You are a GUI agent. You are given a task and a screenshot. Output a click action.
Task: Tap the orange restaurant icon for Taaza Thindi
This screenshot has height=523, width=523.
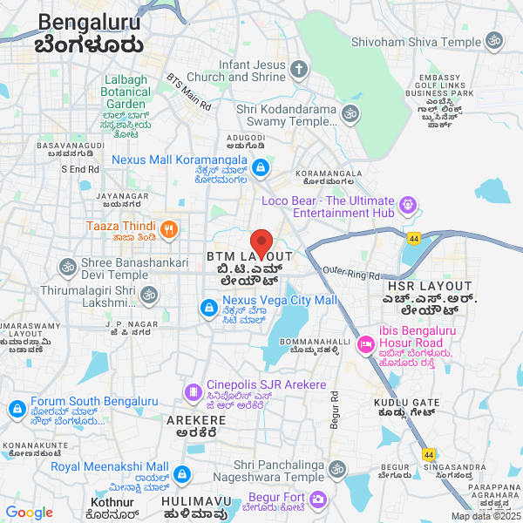point(169,230)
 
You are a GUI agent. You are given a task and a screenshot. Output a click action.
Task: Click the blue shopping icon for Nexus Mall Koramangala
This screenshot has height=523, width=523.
point(261,167)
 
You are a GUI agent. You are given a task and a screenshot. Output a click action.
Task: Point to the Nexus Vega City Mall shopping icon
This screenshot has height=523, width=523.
point(208,308)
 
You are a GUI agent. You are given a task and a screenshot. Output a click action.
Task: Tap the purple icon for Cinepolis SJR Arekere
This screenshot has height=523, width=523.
point(192,391)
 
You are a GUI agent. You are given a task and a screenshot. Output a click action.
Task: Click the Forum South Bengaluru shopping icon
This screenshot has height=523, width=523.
point(17,408)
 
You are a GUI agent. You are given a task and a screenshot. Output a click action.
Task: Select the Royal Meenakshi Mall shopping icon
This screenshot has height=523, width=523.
point(181,475)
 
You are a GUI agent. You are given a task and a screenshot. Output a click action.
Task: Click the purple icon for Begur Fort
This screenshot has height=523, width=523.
point(317,499)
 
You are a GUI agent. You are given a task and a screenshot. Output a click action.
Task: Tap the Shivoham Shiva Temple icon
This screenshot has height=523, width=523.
point(494,42)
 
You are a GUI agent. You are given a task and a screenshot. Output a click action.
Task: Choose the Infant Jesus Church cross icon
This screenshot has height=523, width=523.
point(299,71)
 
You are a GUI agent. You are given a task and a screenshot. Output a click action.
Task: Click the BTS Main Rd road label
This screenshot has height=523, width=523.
point(189,92)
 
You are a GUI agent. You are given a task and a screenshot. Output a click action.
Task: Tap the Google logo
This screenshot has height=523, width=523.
point(29,513)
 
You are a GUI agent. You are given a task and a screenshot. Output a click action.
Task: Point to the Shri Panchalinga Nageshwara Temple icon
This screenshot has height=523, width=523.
point(336,470)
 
